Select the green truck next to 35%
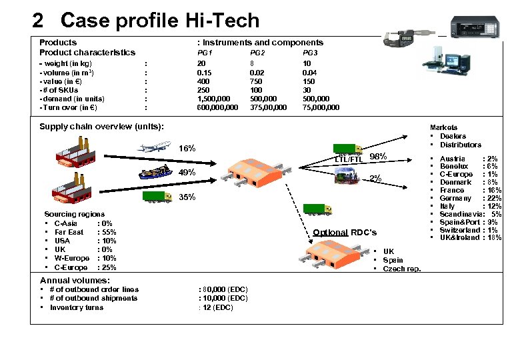tap(157, 197)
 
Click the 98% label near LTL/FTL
tap(378, 156)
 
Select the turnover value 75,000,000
tap(321, 107)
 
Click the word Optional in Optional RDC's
tap(330, 232)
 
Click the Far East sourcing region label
tap(69, 232)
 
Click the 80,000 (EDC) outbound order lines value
tap(223, 289)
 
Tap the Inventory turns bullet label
tap(76, 307)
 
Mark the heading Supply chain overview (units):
tap(101, 127)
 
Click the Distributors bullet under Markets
tap(460, 145)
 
